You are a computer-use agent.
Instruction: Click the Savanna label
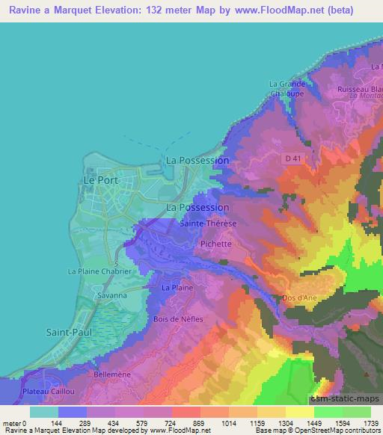(x=110, y=296)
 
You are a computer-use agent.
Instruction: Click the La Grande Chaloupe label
(x=288, y=88)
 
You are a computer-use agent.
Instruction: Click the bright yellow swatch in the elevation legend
(x=300, y=411)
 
